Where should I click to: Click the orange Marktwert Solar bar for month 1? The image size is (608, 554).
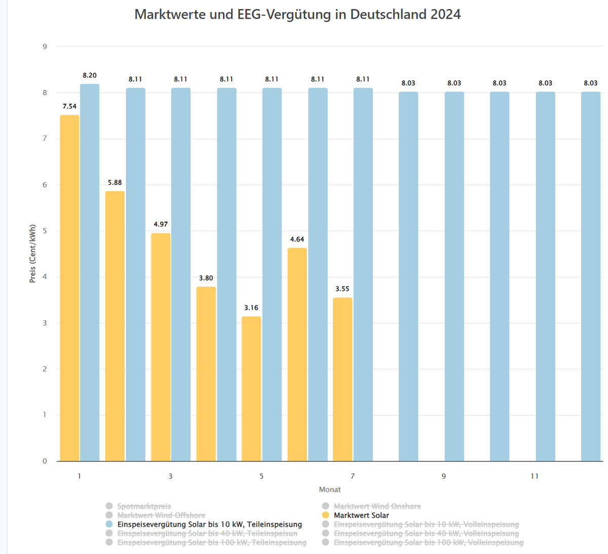click(x=69, y=288)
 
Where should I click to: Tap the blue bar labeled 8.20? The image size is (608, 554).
click(x=90, y=273)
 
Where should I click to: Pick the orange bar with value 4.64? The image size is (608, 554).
click(x=297, y=354)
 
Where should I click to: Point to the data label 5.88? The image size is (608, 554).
click(x=115, y=183)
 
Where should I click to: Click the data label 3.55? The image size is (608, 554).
click(x=343, y=289)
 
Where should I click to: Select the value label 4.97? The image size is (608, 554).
click(x=161, y=224)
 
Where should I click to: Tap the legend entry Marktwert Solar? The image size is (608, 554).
click(x=361, y=515)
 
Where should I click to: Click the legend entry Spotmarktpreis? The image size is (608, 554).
click(x=144, y=506)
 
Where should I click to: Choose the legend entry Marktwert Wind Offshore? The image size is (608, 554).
click(x=161, y=515)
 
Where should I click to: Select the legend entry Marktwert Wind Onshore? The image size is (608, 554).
click(x=377, y=506)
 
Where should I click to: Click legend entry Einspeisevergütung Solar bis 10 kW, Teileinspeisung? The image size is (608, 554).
click(x=209, y=524)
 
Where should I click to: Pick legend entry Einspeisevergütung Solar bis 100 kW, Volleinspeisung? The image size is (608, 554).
click(x=428, y=542)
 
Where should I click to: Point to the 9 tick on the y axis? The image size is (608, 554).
click(x=45, y=47)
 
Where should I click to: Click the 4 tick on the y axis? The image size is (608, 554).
click(x=45, y=277)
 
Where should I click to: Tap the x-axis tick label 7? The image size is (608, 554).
click(x=353, y=476)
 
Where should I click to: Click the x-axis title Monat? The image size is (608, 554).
click(x=330, y=489)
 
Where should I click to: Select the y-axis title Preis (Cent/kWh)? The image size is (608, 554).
click(x=33, y=253)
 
